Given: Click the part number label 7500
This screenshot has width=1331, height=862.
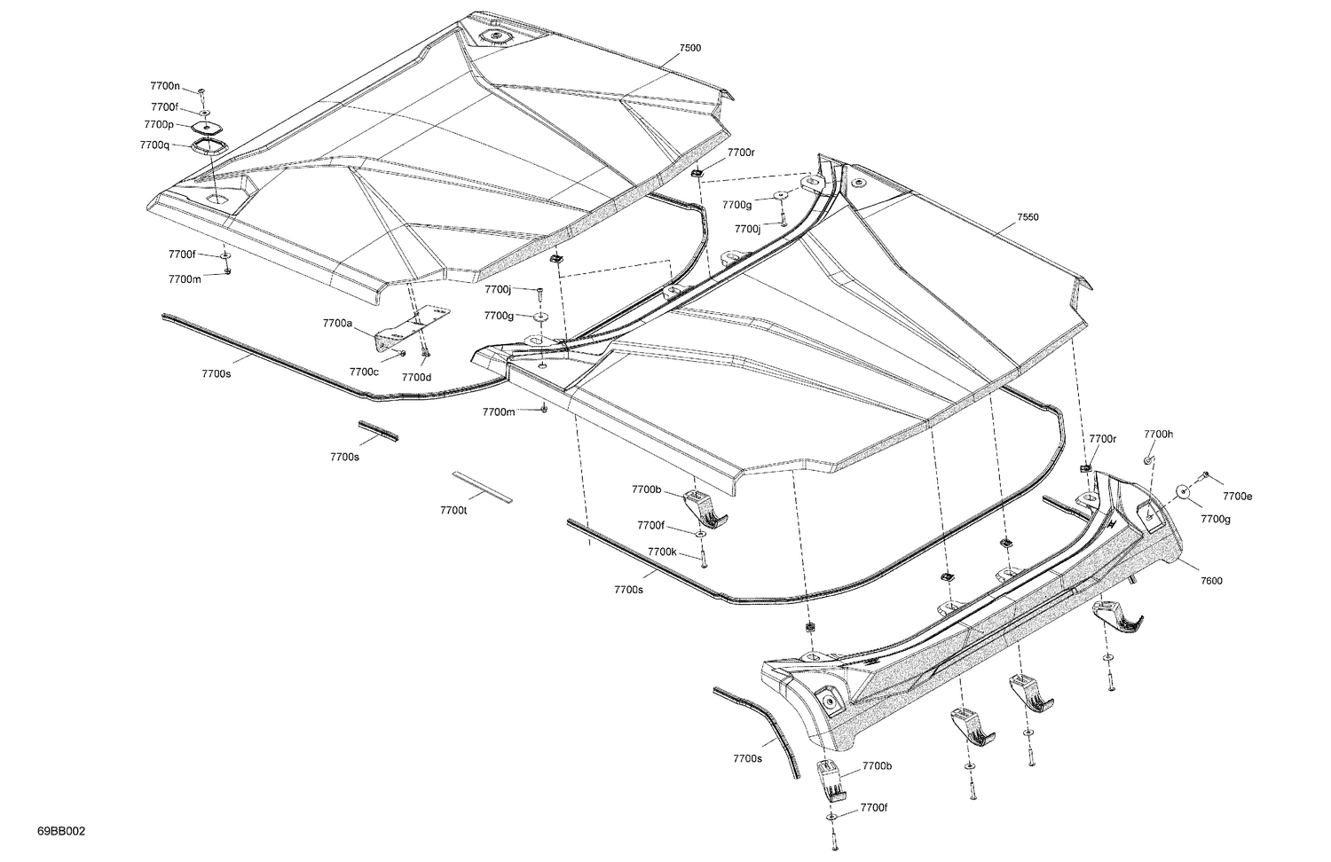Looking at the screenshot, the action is pyautogui.click(x=689, y=48).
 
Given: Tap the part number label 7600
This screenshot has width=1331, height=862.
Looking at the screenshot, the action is pyautogui.click(x=1211, y=581).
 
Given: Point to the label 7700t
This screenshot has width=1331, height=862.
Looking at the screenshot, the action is pyautogui.click(x=453, y=510).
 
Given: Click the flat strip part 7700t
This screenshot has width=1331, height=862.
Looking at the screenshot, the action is pyautogui.click(x=483, y=487).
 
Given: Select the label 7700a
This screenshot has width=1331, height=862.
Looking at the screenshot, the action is pyautogui.click(x=337, y=324).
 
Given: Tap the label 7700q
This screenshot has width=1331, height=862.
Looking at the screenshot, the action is pyautogui.click(x=154, y=145).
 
